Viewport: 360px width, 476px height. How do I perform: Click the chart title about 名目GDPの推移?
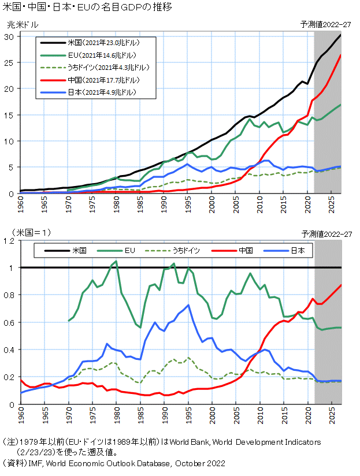click(x=87, y=7)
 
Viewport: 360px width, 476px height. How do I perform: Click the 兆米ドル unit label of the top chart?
click(x=23, y=25)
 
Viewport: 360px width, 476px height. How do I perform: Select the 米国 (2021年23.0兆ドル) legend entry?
click(x=90, y=43)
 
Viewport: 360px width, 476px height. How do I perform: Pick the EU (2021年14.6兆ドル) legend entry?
click(x=88, y=55)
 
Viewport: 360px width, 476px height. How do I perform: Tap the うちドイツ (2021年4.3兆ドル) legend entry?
click(x=95, y=68)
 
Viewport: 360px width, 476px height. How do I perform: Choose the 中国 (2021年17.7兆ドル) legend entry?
click(x=90, y=80)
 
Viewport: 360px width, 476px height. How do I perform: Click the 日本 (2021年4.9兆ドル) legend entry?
click(x=88, y=92)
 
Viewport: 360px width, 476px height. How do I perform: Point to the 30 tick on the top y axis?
click(x=9, y=37)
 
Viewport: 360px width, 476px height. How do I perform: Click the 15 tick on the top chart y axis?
click(x=9, y=115)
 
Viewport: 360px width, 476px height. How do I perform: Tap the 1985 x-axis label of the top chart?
click(x=140, y=204)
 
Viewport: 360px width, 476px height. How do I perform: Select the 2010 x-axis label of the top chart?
click(x=260, y=204)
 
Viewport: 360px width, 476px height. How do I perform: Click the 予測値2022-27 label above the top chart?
click(x=326, y=25)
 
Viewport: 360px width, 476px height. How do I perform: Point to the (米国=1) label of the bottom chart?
click(x=32, y=233)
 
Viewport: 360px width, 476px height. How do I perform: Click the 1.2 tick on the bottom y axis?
click(x=9, y=241)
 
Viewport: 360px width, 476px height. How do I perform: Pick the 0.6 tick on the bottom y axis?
click(x=9, y=323)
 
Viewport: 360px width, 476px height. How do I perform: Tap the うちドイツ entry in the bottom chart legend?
click(x=172, y=251)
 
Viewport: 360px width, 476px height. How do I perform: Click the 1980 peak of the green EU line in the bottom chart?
click(x=116, y=261)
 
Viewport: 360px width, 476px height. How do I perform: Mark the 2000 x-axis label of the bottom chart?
click(x=213, y=415)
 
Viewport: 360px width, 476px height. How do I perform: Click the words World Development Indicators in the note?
click(x=266, y=442)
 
